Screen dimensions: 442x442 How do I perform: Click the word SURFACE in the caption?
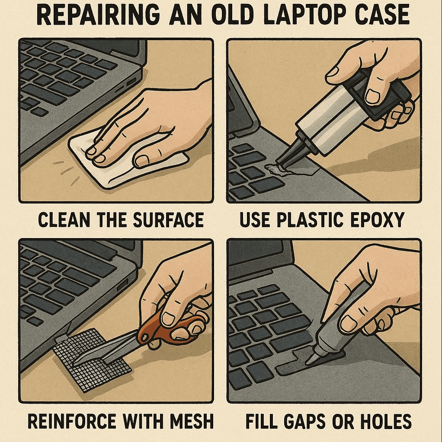(x=168, y=220)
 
